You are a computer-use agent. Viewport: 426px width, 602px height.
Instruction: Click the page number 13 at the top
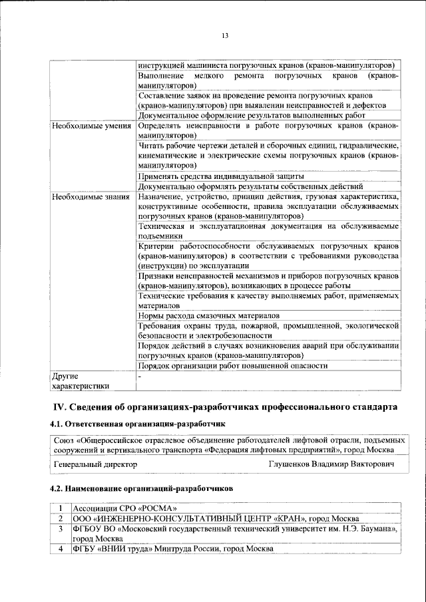tap(225, 35)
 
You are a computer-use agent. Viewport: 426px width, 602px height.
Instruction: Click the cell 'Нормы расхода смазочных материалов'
tap(208, 315)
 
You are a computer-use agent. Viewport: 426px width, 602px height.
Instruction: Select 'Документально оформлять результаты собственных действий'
tap(250, 186)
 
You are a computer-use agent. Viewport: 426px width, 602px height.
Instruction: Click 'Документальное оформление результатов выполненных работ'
tap(252, 115)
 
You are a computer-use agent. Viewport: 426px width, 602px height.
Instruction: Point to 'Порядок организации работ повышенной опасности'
tap(232, 366)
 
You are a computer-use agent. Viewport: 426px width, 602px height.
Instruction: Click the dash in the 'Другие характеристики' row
tap(140, 376)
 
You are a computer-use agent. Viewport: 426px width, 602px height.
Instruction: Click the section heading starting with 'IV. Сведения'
tap(225, 406)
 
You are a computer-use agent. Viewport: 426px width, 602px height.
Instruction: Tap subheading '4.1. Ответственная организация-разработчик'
tap(138, 424)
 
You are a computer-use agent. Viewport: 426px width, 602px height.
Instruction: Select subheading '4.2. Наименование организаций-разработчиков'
tap(142, 489)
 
